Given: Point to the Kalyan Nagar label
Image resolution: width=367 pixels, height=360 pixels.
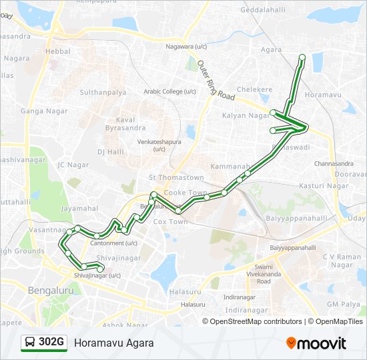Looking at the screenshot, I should coord(244,115).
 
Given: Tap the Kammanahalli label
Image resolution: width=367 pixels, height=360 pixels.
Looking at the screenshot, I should coord(230,165).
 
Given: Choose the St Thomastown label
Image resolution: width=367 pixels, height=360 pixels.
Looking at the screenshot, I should coord(176,177).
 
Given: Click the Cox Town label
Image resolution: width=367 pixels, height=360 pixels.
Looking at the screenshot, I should coord(170,221).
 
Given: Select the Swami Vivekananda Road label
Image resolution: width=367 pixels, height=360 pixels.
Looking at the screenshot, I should coord(264,273).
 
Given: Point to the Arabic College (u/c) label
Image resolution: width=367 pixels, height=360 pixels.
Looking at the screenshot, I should coord(170,91).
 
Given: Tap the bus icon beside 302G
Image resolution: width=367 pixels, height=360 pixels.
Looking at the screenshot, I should coord(30,343).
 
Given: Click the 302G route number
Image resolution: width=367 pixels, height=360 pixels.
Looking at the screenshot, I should coord(51,343).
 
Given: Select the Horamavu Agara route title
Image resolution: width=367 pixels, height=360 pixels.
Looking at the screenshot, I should coord(114,343).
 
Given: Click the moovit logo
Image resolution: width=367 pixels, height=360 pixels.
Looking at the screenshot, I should coord(316,343).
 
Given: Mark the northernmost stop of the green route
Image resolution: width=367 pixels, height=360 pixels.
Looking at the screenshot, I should coord(302,57).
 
